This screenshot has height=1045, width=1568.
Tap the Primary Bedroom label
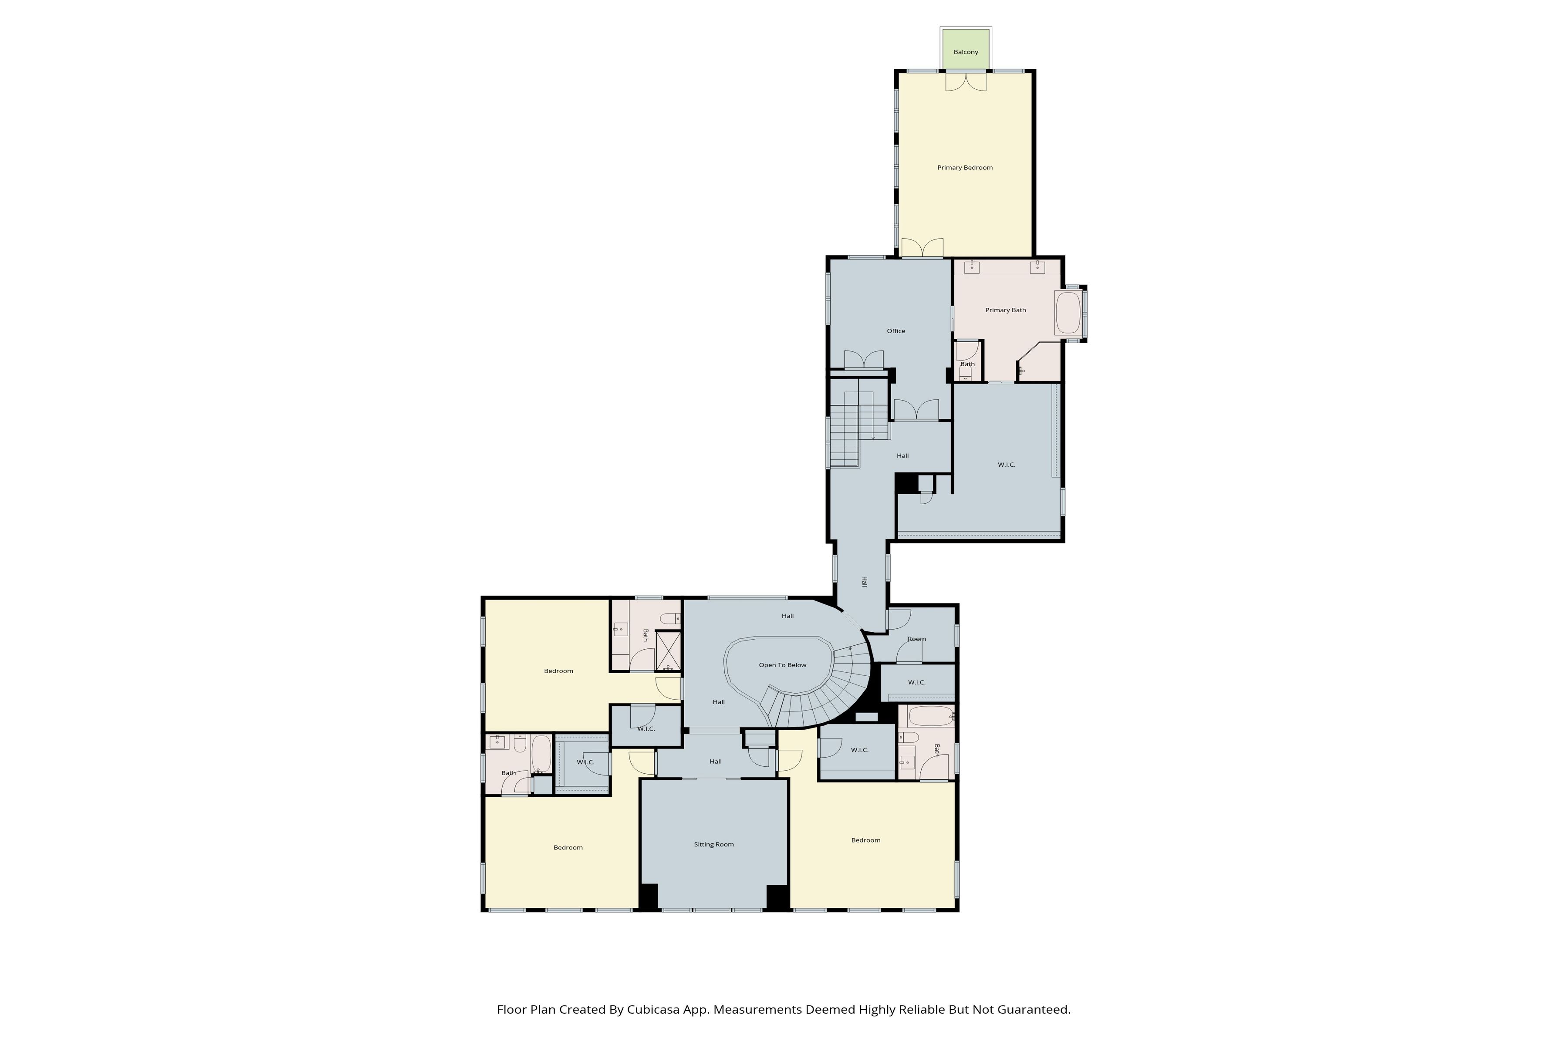(965, 168)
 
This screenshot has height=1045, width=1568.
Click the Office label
(896, 331)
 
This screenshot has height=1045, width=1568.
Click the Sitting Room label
(713, 844)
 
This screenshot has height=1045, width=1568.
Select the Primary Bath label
(1005, 310)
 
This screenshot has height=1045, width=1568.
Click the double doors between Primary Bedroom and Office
(922, 248)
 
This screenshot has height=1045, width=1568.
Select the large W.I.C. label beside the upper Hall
(1006, 465)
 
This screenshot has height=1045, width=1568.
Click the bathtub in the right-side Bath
(931, 716)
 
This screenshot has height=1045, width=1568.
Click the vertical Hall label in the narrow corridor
(864, 582)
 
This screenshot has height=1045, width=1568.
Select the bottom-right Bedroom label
(865, 840)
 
